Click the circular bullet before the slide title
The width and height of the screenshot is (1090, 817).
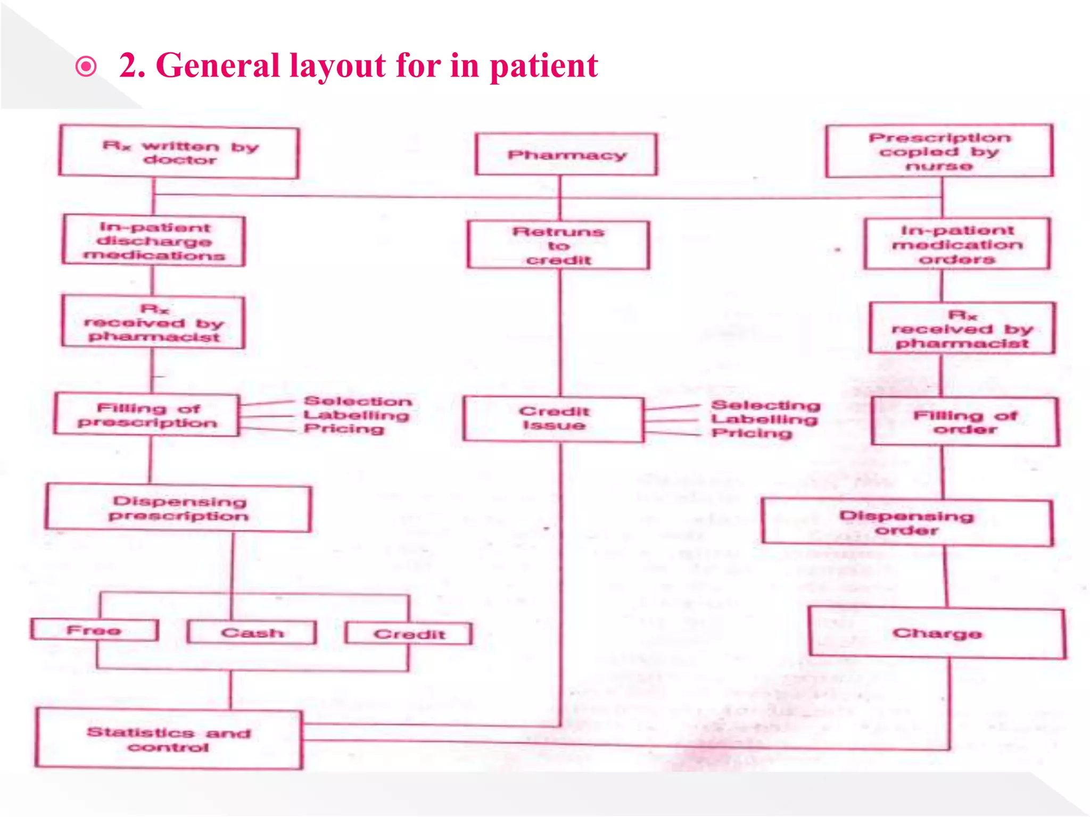(x=86, y=67)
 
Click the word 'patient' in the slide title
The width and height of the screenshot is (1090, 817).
(x=543, y=66)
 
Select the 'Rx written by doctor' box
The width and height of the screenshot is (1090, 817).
(x=179, y=153)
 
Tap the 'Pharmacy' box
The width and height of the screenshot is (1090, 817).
(x=566, y=155)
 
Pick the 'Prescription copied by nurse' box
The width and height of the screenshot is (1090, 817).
(x=939, y=152)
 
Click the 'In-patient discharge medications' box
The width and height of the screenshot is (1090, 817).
(x=154, y=241)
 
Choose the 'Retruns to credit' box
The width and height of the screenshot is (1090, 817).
(x=558, y=246)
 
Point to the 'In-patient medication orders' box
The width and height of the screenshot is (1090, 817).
(x=957, y=244)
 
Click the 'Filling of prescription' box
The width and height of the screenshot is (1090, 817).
(x=147, y=415)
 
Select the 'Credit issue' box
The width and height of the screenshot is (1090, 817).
(x=554, y=419)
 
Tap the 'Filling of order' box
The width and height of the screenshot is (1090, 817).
(x=965, y=422)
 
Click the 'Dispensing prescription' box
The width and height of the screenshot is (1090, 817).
(x=179, y=508)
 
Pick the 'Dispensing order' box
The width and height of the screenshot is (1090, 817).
(x=907, y=522)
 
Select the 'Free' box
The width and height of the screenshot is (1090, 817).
(x=94, y=630)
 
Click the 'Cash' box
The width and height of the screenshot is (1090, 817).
(x=252, y=633)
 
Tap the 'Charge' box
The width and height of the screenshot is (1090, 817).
(x=937, y=633)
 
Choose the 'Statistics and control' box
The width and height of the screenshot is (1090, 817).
(x=169, y=739)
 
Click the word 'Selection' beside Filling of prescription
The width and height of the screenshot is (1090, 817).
(x=358, y=401)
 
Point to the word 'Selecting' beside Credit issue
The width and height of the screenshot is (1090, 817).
(x=765, y=405)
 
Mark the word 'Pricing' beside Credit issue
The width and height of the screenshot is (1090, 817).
(x=752, y=433)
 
